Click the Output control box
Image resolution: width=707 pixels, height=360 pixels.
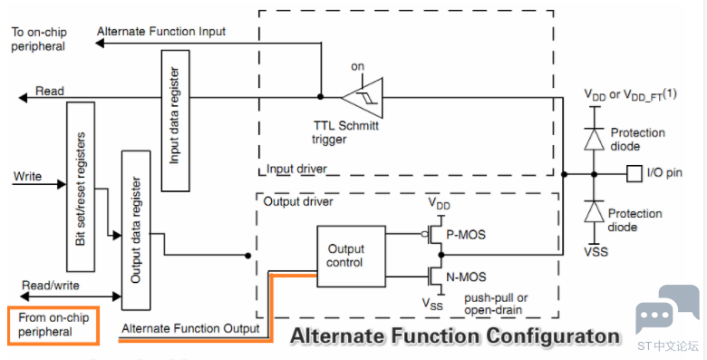[352, 257]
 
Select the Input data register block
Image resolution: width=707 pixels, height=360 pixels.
[176, 121]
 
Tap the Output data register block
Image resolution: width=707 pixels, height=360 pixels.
[136, 230]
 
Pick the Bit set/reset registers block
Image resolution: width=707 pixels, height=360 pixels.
[81, 187]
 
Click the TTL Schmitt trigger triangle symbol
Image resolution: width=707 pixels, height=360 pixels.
[363, 97]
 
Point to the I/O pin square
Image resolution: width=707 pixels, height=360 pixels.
[634, 174]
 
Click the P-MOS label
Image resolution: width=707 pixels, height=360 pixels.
[465, 235]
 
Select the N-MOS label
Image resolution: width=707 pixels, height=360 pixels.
[466, 277]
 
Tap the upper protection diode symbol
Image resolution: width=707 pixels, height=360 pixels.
[594, 138]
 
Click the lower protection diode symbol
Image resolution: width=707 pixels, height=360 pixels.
[594, 211]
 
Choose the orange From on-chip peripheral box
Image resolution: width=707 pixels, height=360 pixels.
[53, 326]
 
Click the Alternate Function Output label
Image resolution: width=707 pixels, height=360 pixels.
[190, 328]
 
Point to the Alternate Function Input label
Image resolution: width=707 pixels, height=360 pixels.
[161, 32]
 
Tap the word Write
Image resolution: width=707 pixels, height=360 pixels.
[27, 176]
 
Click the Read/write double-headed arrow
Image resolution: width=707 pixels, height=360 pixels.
[71, 297]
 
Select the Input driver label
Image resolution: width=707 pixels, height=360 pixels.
[296, 170]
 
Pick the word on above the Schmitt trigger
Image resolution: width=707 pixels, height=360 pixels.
[357, 66]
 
